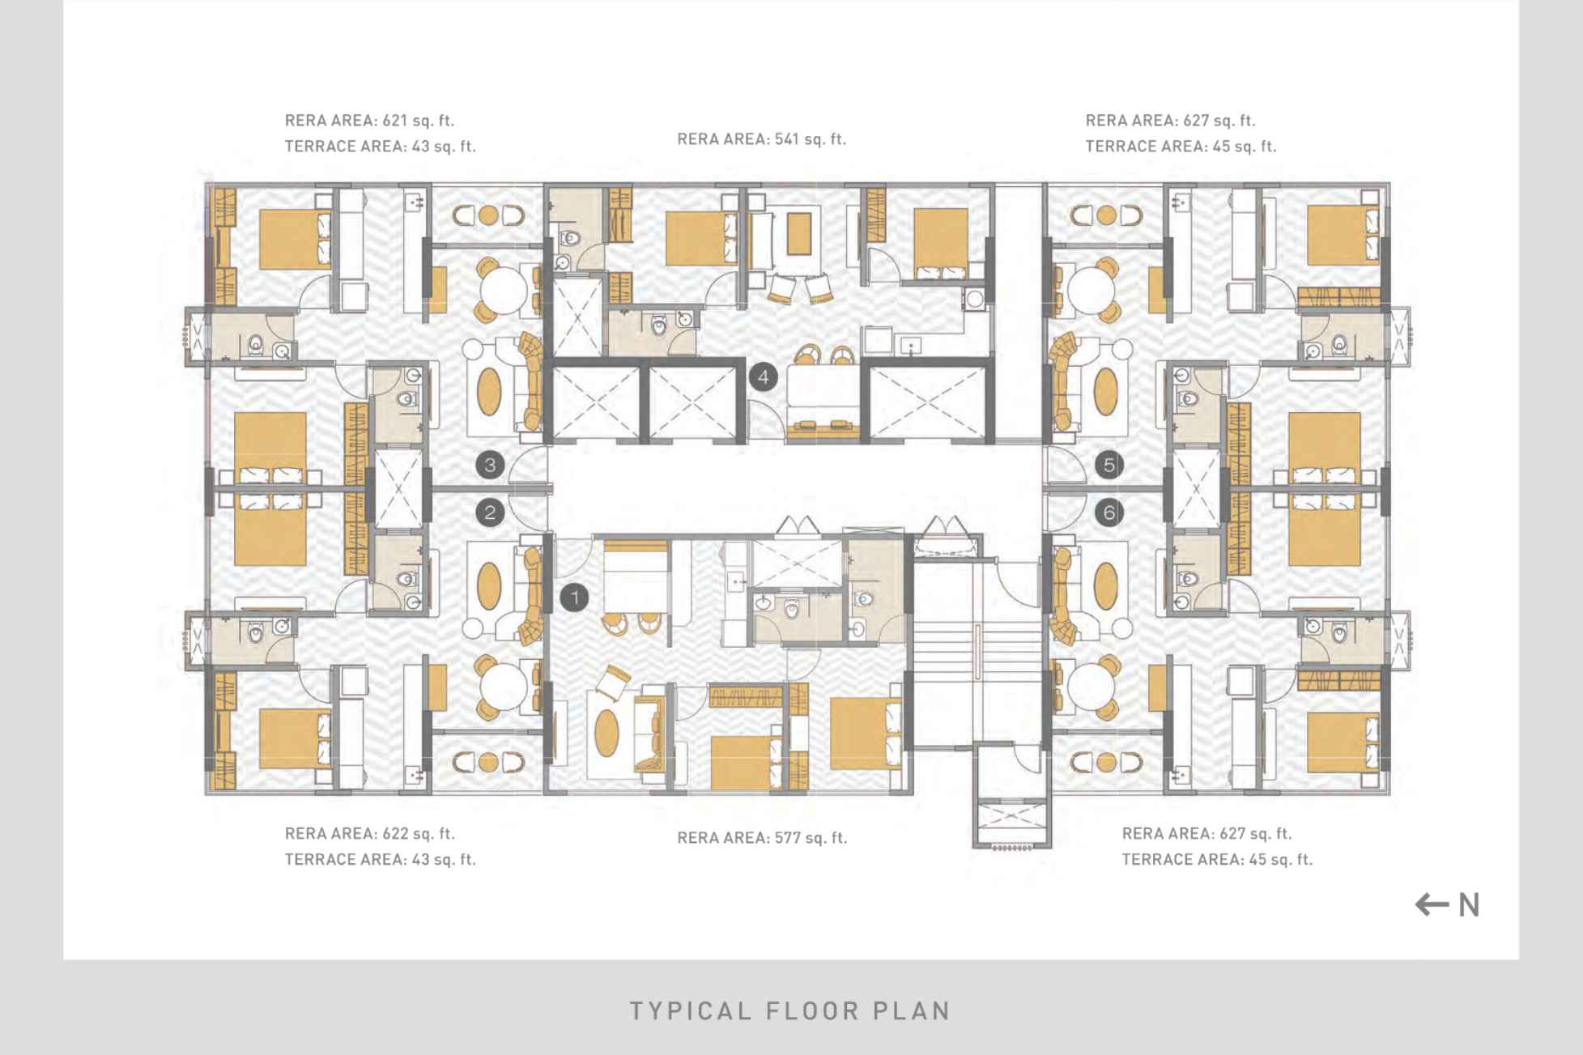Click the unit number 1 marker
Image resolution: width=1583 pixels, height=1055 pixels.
coord(575,598)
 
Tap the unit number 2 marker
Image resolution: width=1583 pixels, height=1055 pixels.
coord(490,512)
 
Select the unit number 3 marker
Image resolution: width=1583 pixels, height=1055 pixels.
coord(490,465)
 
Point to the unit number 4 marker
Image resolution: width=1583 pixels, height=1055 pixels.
coord(764,376)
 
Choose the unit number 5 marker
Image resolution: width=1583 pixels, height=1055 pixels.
coord(1109,465)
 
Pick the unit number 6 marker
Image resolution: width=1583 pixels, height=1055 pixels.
coord(1109,512)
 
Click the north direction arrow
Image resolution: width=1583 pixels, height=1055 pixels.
coord(1432,904)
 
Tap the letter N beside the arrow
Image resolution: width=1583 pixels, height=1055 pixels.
coord(1469,905)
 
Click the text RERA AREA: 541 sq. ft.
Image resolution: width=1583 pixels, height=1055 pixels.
coord(762,139)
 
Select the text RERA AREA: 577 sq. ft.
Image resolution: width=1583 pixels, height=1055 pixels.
coord(762,838)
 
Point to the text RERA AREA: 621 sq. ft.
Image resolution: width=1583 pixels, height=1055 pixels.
coord(369,121)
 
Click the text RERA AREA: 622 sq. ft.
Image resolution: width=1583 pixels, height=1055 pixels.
coord(369,833)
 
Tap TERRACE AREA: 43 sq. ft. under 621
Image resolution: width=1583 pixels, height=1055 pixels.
coord(380,147)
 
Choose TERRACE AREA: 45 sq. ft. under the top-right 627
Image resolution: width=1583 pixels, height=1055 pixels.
coord(1181,147)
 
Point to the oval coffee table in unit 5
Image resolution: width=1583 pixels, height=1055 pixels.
coord(1105,391)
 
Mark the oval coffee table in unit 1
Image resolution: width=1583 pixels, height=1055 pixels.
coord(607,733)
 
